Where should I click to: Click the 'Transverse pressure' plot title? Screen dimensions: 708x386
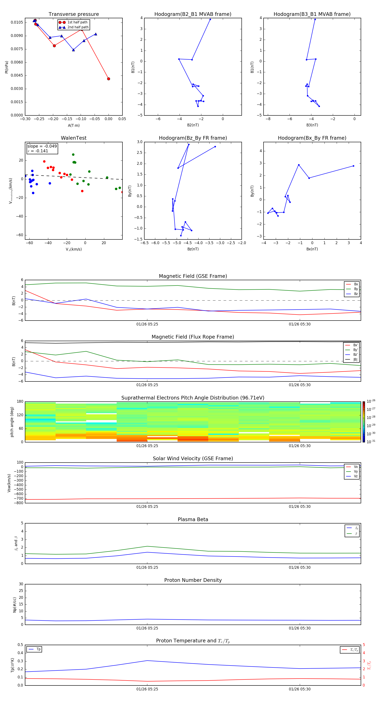click(74, 14)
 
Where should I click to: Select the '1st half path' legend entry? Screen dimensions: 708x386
click(77, 22)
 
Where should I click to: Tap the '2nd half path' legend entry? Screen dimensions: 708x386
click(78, 27)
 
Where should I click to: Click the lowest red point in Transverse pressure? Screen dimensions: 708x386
click(109, 79)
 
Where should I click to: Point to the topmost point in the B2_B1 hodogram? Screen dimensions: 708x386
click(210, 20)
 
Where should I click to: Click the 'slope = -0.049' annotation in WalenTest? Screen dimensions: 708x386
click(42, 146)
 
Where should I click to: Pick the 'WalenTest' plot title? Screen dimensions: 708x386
click(74, 138)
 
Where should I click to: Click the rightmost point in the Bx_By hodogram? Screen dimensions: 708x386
click(353, 166)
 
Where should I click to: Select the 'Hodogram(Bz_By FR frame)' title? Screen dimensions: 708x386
click(193, 138)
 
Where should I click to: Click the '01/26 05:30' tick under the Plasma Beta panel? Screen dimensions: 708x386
click(299, 567)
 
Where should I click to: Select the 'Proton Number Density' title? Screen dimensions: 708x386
click(193, 580)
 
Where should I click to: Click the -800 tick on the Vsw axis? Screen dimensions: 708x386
click(20, 503)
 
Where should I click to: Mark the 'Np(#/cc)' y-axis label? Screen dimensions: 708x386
click(15, 605)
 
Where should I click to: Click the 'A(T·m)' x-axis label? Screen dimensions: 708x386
click(74, 126)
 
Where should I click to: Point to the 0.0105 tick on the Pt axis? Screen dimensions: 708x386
click(17, 22)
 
